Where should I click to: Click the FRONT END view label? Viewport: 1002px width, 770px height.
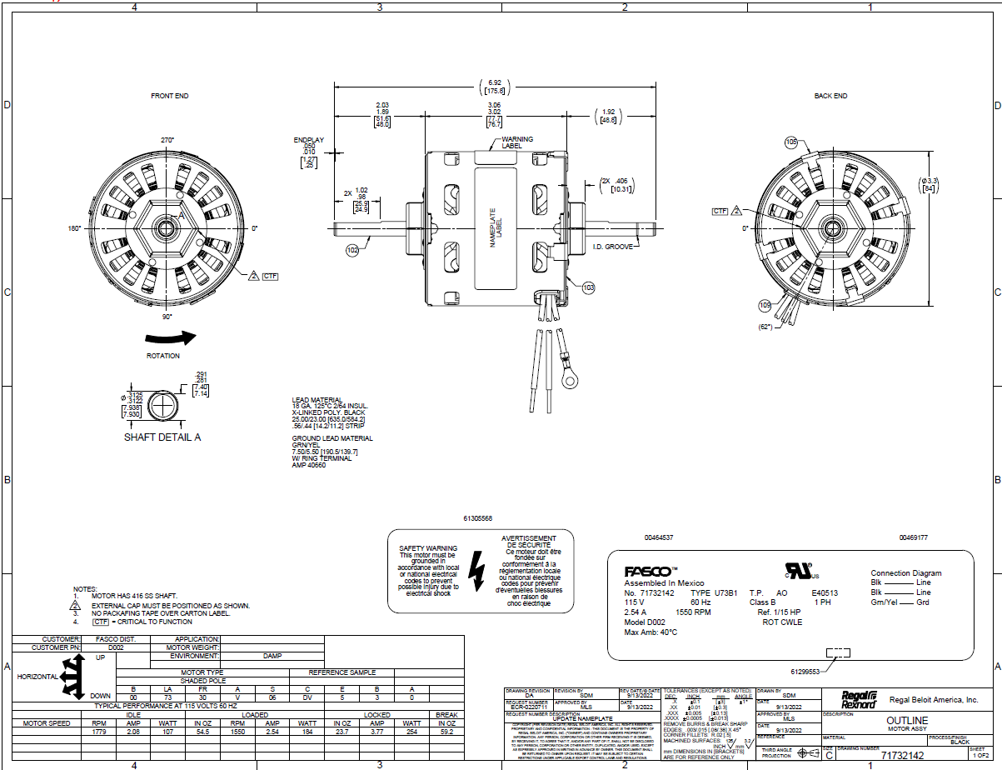pos(169,96)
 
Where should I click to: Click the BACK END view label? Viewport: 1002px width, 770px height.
pos(830,96)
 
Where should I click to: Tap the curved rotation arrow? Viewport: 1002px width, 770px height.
pos(170,337)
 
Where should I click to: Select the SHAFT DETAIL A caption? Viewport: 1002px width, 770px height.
pos(162,437)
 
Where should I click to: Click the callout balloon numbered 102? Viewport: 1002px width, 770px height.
pos(352,249)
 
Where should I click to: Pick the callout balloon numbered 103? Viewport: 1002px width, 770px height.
pos(589,287)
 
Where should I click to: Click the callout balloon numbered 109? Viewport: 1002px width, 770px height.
pos(765,306)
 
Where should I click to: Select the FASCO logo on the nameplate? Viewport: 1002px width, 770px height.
pos(647,572)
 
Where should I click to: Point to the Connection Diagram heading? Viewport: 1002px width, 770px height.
pos(905,573)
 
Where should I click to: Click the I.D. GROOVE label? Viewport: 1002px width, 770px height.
pos(612,247)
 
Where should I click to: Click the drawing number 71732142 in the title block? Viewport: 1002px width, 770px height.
pos(903,755)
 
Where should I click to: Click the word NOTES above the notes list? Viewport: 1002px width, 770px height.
pos(85,589)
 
